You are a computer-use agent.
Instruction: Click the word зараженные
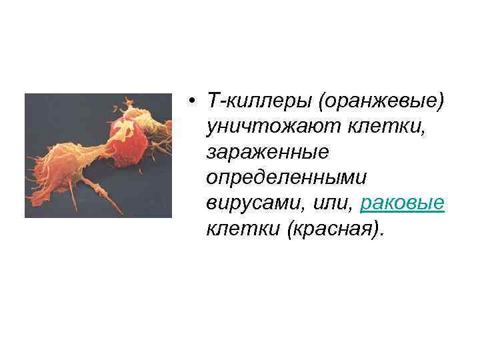click(267, 153)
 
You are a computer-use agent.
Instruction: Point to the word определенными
click(287, 179)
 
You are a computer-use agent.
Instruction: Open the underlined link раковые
click(401, 204)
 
